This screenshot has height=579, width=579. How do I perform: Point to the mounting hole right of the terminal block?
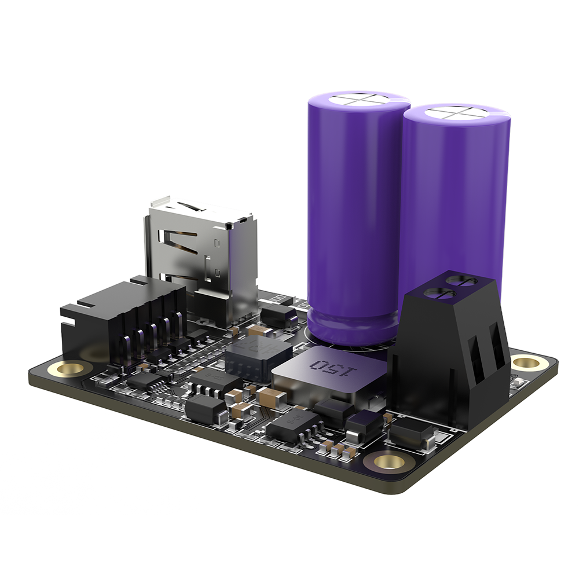point(525,363)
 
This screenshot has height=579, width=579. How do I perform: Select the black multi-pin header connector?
point(124,321)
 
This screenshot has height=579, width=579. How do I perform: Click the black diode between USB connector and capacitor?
point(278,316)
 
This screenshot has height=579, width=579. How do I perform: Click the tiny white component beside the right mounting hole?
point(516,382)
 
